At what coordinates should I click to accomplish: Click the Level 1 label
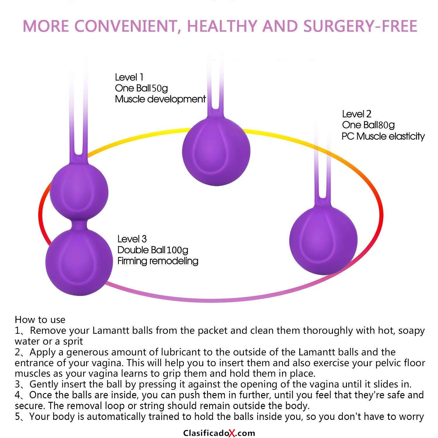coord(129,77)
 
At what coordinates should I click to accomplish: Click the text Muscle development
coord(161,99)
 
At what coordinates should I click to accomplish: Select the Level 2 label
coord(357,114)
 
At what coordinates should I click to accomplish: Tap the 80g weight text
coord(387,125)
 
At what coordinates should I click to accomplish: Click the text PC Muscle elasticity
coord(383,136)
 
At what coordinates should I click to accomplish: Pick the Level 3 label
coord(132,239)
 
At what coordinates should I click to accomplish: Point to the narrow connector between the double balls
coord(79,223)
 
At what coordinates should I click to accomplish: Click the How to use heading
coord(40,320)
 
